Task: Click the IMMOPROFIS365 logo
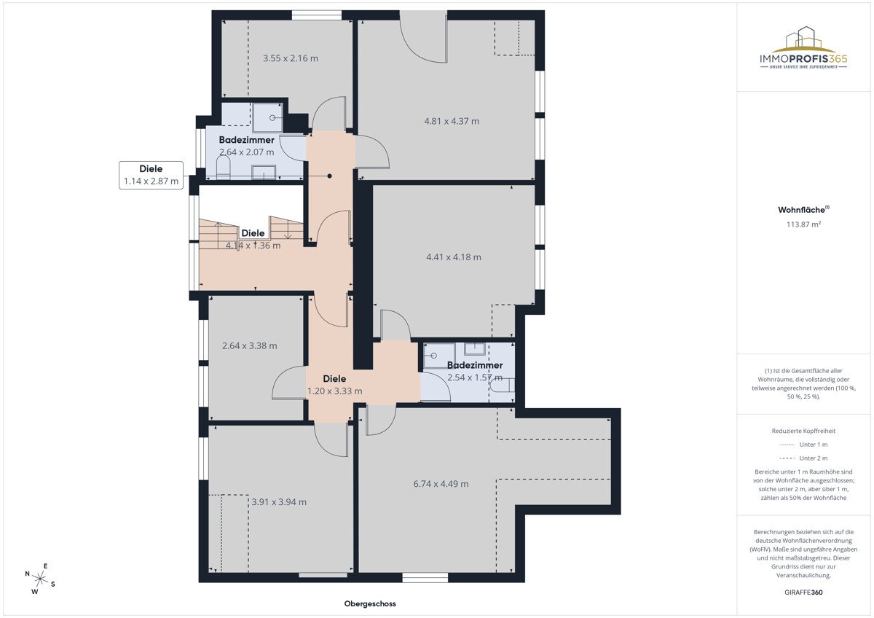[x=803, y=47]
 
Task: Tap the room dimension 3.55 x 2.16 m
[x=291, y=58]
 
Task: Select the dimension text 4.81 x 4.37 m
[x=452, y=121]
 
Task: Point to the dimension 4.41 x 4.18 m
[x=453, y=257]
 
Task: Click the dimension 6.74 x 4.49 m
[x=441, y=484]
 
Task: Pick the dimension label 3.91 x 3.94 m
[x=279, y=502]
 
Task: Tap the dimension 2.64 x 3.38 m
[x=250, y=345]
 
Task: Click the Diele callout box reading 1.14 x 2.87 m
[x=151, y=176]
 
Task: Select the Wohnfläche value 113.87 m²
[x=803, y=224]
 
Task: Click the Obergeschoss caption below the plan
[x=370, y=603]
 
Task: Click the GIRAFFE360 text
[x=803, y=592]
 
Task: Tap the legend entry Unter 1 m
[x=803, y=445]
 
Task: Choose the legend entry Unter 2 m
[x=803, y=458]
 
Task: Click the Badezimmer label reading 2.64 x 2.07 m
[x=247, y=146]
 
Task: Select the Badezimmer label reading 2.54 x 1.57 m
[x=475, y=371]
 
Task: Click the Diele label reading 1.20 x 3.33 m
[x=335, y=385]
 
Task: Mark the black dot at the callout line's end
[x=330, y=176]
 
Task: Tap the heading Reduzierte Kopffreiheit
[x=803, y=431]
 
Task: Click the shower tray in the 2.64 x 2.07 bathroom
[x=268, y=117]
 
